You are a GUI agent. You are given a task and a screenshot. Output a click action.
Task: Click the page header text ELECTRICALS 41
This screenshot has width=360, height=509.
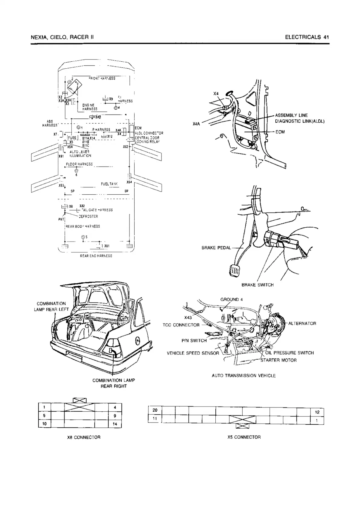[306, 37]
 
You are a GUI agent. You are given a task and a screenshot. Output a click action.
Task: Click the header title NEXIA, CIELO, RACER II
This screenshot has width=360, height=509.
[62, 37]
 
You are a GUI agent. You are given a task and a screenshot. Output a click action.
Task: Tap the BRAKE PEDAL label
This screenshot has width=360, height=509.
[216, 248]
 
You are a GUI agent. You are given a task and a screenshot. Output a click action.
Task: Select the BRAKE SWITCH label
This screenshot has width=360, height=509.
[257, 285]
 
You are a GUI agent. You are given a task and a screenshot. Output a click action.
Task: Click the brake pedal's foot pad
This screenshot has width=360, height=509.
[234, 270]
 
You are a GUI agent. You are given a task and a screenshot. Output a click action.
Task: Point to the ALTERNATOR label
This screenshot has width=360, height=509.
[302, 323]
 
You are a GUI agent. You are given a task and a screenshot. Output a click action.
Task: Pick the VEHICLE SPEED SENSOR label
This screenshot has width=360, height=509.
[193, 353]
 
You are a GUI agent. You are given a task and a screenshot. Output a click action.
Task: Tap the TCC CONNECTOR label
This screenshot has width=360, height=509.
[181, 325]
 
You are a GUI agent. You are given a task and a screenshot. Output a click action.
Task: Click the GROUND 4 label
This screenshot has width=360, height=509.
[231, 300]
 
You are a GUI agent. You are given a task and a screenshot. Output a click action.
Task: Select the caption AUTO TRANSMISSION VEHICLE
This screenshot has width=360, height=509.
[244, 376]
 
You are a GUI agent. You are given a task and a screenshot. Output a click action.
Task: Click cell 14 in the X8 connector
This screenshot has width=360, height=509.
[115, 424]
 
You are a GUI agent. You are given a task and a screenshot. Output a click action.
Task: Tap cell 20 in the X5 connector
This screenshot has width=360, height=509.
[155, 410]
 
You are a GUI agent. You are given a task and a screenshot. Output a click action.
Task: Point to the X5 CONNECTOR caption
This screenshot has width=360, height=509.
[244, 437]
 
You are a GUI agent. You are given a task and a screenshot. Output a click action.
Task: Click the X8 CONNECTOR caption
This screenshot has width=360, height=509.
[84, 437]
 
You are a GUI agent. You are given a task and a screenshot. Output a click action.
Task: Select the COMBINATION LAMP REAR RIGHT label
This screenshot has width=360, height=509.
[114, 383]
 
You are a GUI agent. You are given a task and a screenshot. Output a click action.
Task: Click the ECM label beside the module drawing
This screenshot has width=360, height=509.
[280, 132]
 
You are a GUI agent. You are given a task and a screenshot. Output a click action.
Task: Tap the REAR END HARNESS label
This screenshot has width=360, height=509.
[96, 256]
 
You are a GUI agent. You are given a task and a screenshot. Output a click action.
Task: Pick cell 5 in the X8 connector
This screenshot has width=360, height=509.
[44, 415]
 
